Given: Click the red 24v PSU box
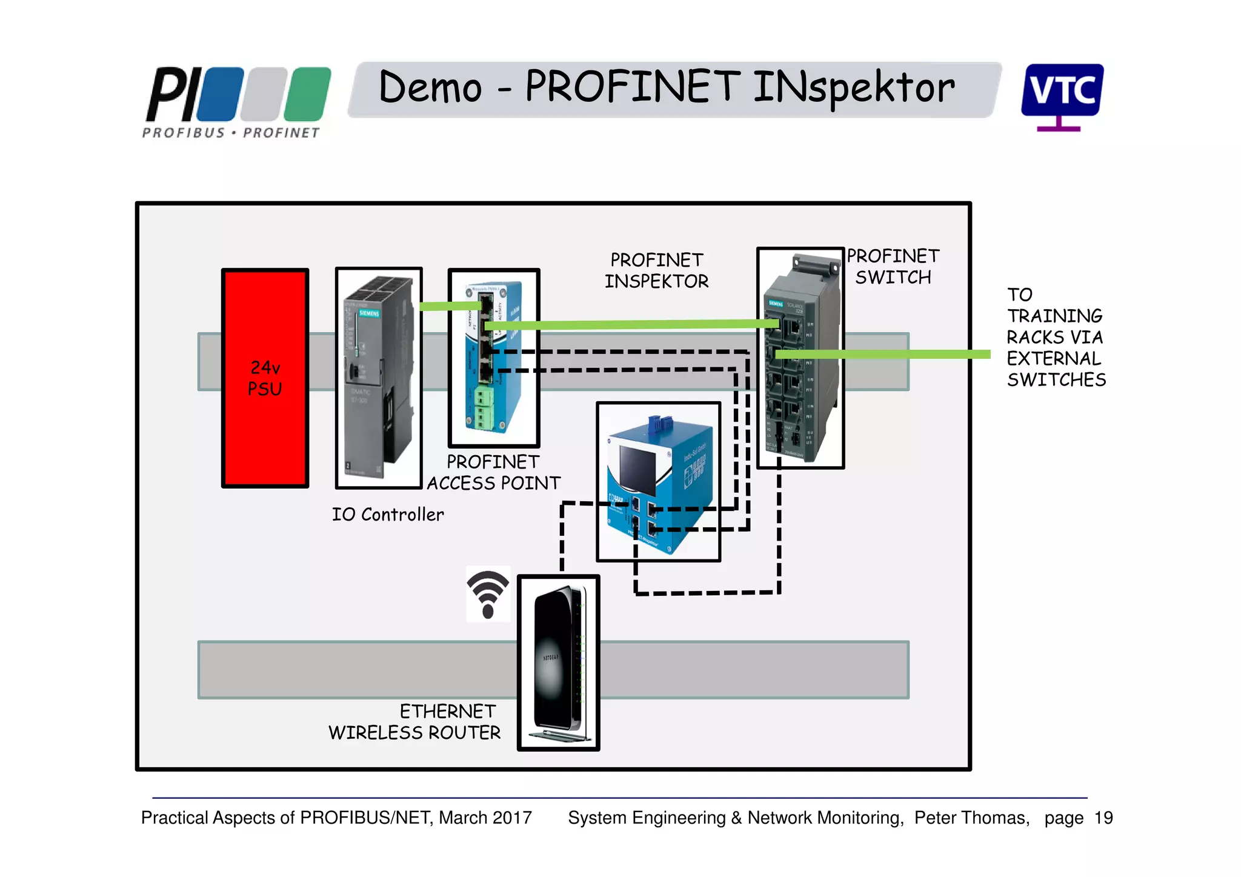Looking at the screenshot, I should (265, 378).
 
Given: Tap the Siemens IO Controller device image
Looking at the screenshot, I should (378, 378).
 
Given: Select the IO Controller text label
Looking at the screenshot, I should (388, 515).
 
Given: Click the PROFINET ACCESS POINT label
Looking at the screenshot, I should (493, 473).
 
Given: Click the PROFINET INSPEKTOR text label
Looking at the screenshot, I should (656, 270).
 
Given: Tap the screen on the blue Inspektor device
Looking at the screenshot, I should (638, 470).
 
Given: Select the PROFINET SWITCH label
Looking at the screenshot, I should (893, 267).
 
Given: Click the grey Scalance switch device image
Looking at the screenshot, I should (800, 358).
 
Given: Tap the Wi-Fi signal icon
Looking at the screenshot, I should (488, 594).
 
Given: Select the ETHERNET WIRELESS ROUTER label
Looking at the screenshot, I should (416, 722).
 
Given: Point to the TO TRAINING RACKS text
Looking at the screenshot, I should (1055, 337).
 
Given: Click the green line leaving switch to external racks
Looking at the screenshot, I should (909, 355).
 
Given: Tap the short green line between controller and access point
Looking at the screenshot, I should (448, 306).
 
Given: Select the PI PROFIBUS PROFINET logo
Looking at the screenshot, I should (236, 102).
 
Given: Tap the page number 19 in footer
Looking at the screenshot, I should (1103, 818).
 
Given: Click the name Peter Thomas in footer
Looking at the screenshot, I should (971, 818).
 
